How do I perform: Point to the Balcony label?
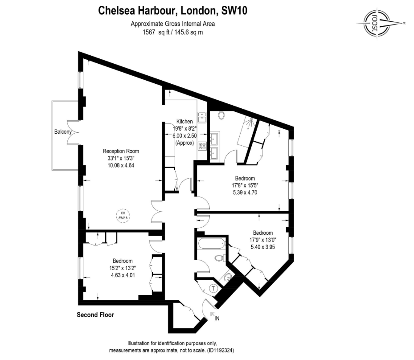(63, 132)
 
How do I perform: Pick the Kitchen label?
(184, 121)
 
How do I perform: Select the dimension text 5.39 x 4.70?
(245, 192)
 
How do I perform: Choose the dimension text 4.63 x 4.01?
(122, 275)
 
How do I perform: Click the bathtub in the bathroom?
(211, 244)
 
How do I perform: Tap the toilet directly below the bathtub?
(218, 258)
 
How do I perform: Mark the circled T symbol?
(214, 288)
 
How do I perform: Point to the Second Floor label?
(95, 315)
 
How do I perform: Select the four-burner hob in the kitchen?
(203, 145)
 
